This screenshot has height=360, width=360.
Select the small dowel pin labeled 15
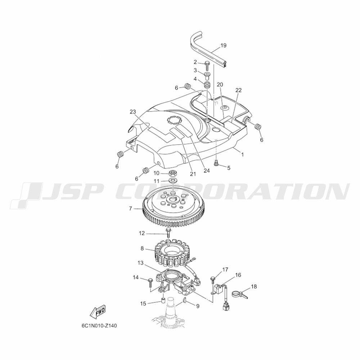pos(163,300)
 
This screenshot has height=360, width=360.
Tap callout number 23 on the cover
pos(133,112)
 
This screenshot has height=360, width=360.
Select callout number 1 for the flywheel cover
pos(243,154)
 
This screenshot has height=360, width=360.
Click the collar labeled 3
pos(208,75)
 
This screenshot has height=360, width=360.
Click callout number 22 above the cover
pos(239,90)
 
